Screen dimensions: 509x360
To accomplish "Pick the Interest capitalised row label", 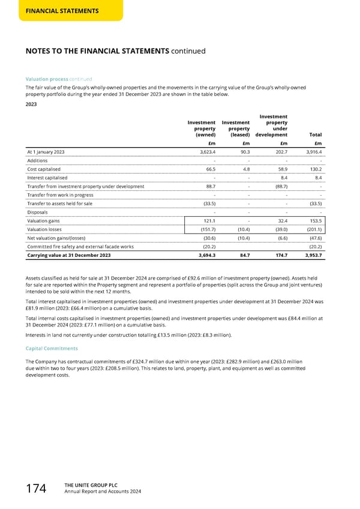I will point(47,178).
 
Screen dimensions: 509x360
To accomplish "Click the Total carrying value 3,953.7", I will point(311,256).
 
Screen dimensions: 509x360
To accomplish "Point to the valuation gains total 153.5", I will point(314,221).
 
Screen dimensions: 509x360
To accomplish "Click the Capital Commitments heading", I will point(52,348).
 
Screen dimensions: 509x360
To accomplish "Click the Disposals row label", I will point(38,212).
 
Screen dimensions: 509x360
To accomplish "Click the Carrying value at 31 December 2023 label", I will point(68,256).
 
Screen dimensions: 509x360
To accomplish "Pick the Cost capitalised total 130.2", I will point(314,169).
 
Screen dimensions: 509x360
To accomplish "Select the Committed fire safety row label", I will point(80,247).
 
